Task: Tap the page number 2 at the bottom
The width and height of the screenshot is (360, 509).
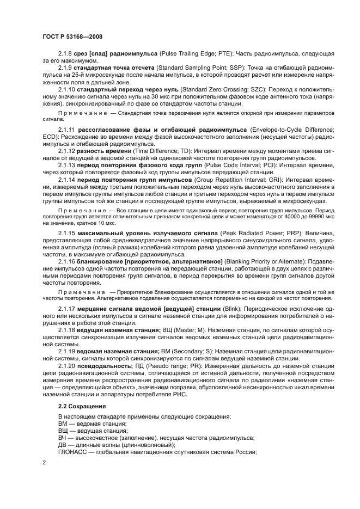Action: (x=44, y=463)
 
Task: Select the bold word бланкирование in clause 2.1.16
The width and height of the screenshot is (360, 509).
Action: (x=100, y=261)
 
